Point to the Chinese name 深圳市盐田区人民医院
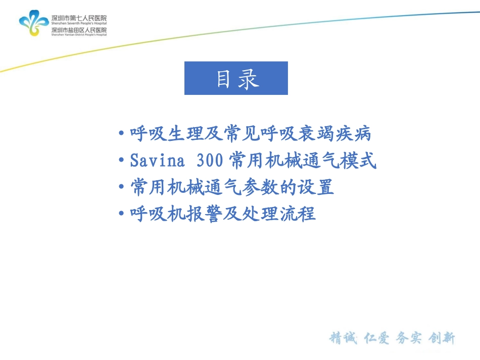(x=79, y=30)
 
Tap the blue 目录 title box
(x=236, y=78)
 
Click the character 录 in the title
(x=249, y=79)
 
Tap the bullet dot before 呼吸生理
(x=122, y=134)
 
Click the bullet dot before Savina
(x=122, y=161)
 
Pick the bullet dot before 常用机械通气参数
(x=122, y=188)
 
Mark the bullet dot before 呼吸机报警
(x=122, y=214)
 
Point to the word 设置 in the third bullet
(x=317, y=188)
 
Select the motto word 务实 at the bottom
(x=407, y=338)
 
